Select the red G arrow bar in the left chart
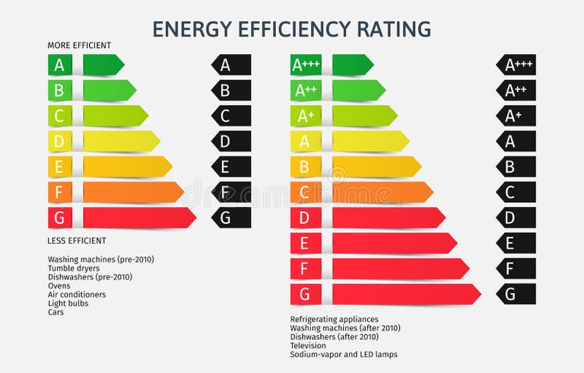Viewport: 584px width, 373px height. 138,218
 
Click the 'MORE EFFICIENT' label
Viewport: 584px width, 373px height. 79,46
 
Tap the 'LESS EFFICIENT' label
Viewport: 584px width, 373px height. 77,241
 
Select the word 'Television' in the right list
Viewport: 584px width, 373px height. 308,346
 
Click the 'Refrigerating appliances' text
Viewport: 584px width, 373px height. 334,320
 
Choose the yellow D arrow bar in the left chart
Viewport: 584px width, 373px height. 120,142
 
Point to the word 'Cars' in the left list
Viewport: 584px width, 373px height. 56,312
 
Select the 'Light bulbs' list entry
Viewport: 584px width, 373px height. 68,303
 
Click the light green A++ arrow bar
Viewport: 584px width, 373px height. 357,91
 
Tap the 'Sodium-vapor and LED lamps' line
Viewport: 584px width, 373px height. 343,355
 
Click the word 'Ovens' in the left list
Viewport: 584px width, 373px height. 59,285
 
